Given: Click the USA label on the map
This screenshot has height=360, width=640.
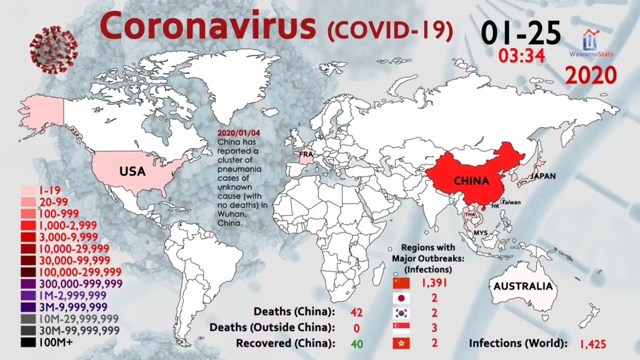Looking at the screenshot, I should coord(132,171).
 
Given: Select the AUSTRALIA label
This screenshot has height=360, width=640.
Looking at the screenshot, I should coord(522,286).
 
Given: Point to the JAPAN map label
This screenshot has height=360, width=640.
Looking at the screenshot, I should coord(542,176).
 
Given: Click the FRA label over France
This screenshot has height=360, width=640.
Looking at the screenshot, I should coord(305,154).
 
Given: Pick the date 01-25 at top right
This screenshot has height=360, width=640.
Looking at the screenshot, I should coord(520,33).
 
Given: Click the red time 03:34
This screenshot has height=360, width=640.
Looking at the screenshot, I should coord(521,56).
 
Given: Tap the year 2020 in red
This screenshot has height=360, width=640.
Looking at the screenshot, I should coord(590,75).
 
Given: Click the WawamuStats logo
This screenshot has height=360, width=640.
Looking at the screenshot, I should coord(592,43).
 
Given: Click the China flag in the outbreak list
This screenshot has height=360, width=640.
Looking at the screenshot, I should coord(401,283).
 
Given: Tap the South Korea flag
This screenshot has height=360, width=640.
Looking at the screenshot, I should coord(401,313).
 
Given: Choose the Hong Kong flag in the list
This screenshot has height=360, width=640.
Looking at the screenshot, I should coord(401,343).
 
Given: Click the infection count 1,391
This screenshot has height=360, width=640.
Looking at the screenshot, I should coord(433,283).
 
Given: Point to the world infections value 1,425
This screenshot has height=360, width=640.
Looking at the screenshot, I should coord(592,344).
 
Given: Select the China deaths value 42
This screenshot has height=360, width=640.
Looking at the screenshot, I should coord(356,312).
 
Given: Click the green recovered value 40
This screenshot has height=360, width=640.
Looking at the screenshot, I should coord(356,343).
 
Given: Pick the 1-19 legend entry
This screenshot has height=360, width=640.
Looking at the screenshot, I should coord(40,190).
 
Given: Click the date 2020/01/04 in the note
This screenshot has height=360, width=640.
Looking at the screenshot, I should coord(238,134).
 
